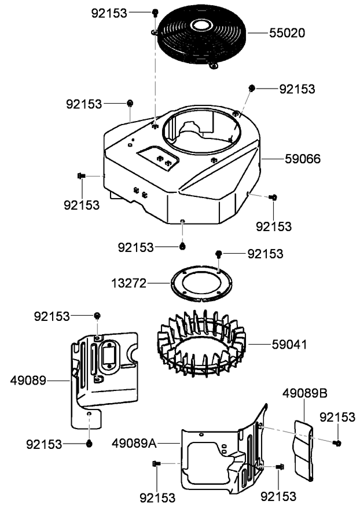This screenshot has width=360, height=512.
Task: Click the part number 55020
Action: point(288,32)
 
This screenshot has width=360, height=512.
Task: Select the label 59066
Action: point(303,158)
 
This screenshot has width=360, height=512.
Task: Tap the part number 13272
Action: point(129,283)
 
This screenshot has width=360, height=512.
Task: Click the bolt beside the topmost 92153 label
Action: point(155,12)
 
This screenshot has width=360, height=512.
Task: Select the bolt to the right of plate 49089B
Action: point(337,443)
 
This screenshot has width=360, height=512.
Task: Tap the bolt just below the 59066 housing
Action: point(182,247)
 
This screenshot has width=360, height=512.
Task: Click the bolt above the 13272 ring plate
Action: point(219,254)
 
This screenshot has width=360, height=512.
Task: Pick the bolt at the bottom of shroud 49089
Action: point(89,444)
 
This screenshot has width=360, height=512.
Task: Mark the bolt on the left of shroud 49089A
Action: point(156,463)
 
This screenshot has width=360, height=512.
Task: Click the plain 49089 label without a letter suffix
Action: point(28,380)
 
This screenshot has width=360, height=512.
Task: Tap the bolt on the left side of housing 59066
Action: point(81,175)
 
